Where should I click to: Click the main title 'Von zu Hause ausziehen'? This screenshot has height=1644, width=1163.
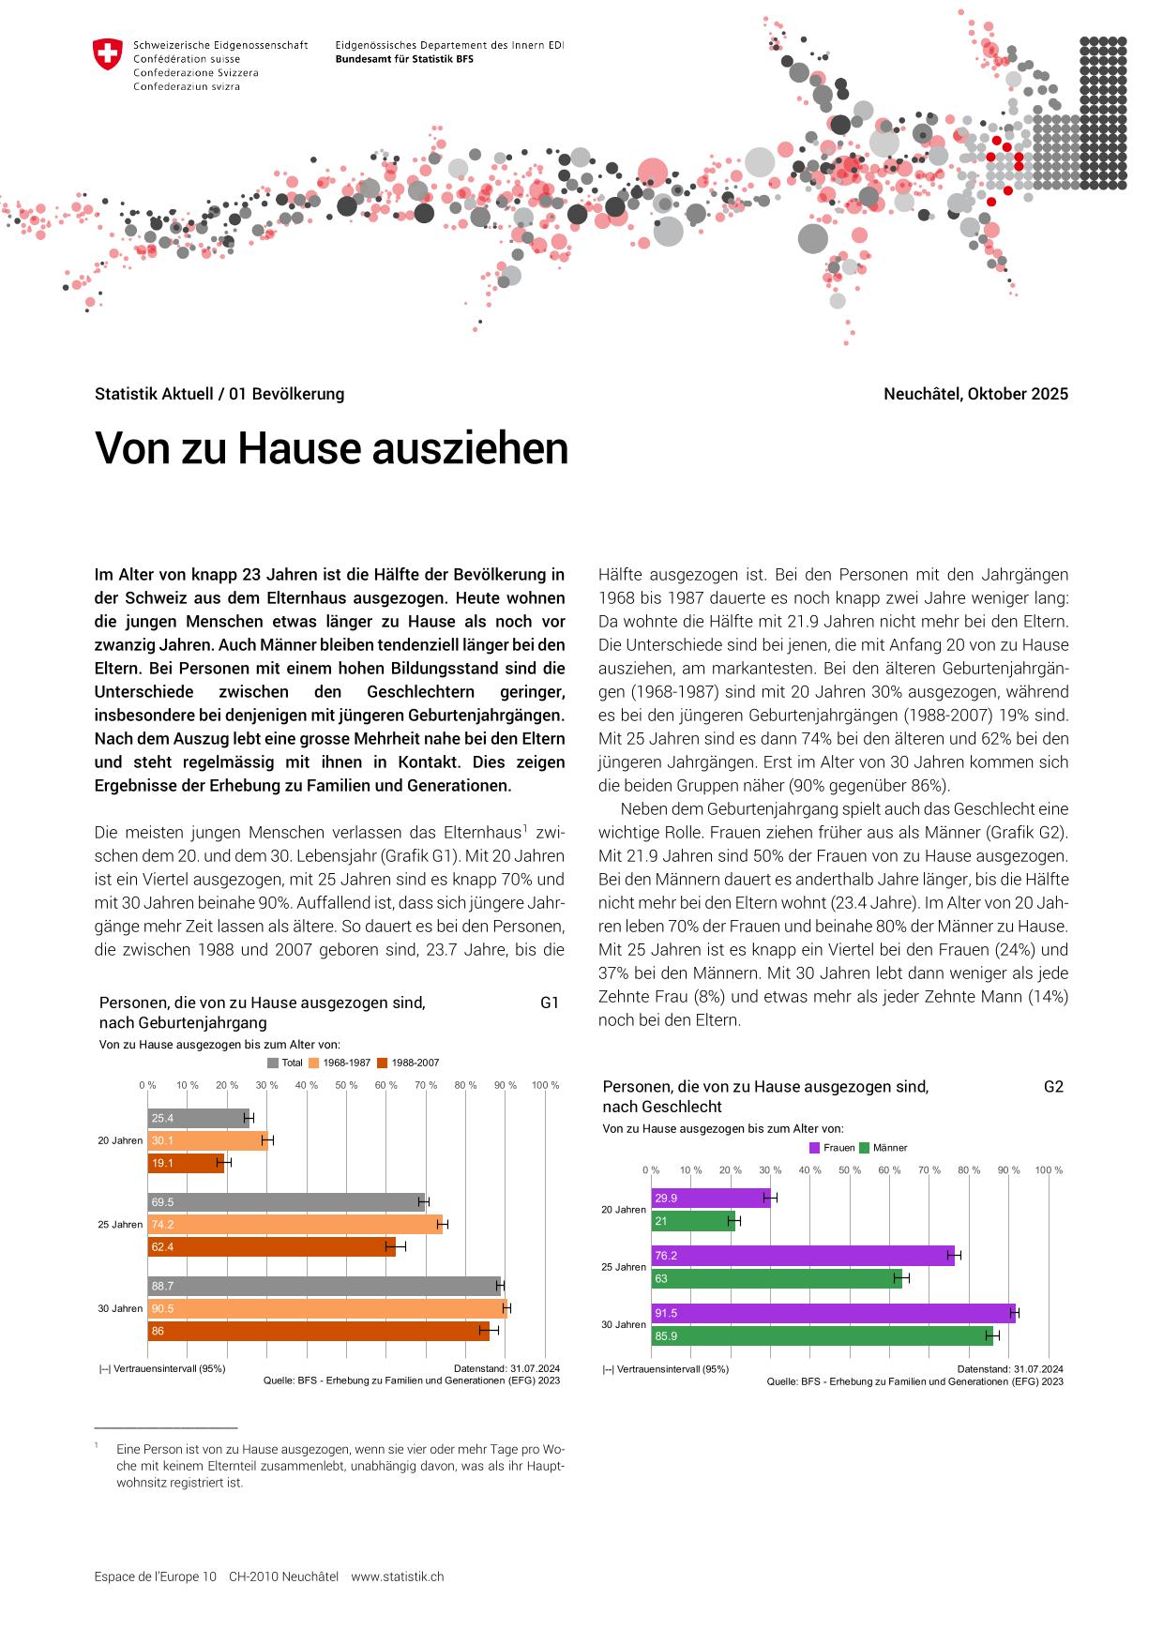(x=331, y=448)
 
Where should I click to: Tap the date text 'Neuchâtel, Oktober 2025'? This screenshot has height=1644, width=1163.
(x=974, y=394)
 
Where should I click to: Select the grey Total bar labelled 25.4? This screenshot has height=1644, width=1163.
(x=198, y=1118)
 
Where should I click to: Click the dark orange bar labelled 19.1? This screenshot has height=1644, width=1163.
(x=186, y=1163)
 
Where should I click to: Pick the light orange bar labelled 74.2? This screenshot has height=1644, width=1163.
(x=295, y=1224)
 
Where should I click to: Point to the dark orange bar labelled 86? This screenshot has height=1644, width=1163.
(x=318, y=1331)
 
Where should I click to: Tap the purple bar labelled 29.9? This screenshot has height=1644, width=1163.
(x=710, y=1198)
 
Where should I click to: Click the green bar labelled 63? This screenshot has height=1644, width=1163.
(x=776, y=1277)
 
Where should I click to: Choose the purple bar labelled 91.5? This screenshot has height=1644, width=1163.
(x=833, y=1313)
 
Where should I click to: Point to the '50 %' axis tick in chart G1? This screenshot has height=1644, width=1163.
(x=346, y=1085)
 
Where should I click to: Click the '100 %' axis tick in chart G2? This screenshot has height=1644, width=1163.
(x=1049, y=1169)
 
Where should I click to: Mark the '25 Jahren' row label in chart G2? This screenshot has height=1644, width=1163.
(x=623, y=1267)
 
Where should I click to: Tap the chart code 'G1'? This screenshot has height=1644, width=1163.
(x=550, y=1003)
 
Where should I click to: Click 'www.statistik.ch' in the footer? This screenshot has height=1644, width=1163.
(x=398, y=1576)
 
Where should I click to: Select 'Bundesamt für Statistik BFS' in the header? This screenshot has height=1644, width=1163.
(x=404, y=58)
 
